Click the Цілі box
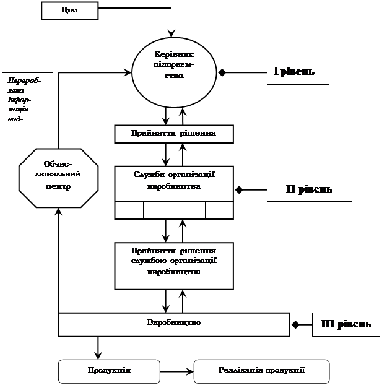tap(70, 11)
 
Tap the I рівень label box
tap(297, 72)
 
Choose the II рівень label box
tap(309, 189)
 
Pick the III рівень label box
tap(346, 324)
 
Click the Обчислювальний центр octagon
tap(58, 176)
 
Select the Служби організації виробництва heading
tap(173, 180)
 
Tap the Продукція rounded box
tap(108, 371)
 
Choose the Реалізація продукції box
tap(262, 371)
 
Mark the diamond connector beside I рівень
tap(222, 72)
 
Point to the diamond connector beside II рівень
tap(239, 189)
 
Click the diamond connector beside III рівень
tap(295, 324)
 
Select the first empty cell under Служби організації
tap(129, 210)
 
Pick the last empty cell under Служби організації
tap(219, 210)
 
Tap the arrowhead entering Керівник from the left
tap(129, 72)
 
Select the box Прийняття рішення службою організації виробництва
tap(173, 265)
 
